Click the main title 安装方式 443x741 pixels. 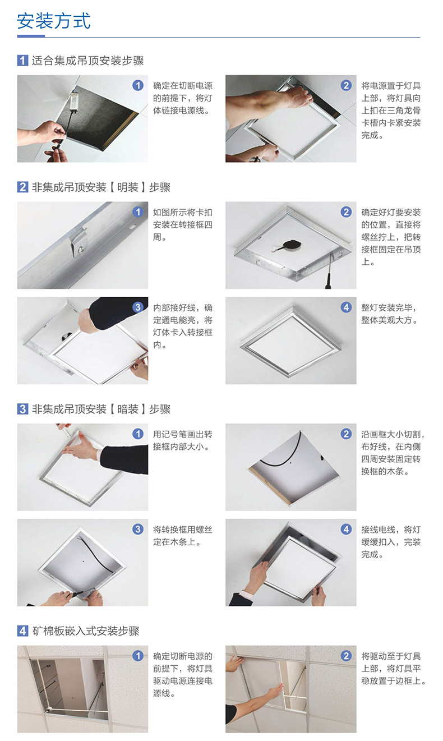(x=54, y=21)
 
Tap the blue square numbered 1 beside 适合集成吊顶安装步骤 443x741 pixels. (x=22, y=61)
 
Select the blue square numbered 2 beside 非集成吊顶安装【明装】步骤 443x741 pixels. (x=22, y=187)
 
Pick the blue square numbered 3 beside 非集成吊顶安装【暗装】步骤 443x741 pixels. (x=22, y=409)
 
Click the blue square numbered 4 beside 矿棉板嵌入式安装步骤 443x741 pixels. (x=22, y=631)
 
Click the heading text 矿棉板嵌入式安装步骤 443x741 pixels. (x=86, y=631)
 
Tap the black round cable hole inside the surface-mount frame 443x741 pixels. (x=292, y=245)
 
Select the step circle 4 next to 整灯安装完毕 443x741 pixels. (x=346, y=307)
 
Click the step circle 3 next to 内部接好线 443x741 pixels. (x=138, y=307)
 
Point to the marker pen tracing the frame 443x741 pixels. (x=66, y=430)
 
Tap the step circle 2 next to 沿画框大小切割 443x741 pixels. (x=346, y=434)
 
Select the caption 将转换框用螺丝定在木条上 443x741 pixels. (x=182, y=536)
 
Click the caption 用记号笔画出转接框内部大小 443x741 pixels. (x=182, y=440)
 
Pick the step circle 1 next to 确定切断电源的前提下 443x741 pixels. (x=138, y=655)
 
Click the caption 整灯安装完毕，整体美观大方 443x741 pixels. (x=389, y=314)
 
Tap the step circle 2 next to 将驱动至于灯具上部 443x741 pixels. (x=346, y=655)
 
